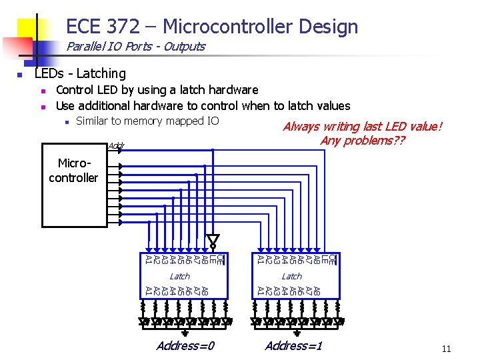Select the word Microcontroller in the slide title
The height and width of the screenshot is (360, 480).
[229, 27]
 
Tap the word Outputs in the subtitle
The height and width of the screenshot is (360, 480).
[184, 47]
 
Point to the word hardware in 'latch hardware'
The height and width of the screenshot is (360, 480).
[232, 89]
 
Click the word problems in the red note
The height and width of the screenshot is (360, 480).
[373, 141]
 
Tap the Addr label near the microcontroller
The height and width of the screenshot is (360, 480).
[115, 145]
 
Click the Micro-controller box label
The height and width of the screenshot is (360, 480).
[73, 171]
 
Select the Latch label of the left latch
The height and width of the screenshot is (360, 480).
[179, 276]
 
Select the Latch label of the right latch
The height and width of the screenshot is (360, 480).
[291, 276]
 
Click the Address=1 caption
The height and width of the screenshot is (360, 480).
[293, 345]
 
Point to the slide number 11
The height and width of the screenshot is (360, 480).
[446, 349]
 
